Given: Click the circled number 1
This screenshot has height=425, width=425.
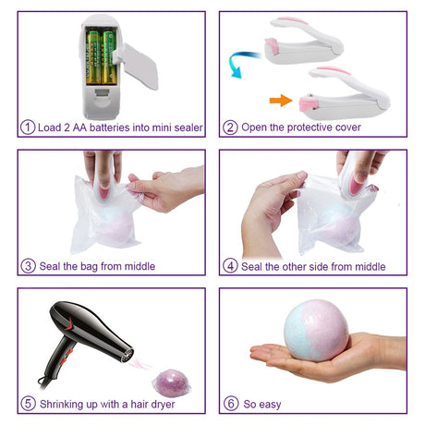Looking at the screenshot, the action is [28, 127].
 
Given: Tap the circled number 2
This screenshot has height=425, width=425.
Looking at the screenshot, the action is [230, 127].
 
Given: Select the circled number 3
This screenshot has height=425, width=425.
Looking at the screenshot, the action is [28, 266].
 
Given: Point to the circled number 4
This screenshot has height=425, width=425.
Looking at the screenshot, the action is [230, 266].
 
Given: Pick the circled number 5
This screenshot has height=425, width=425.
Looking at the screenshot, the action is [28, 404].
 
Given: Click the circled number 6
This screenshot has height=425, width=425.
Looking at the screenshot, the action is [231, 404].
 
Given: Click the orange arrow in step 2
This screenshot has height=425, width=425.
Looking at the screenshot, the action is [281, 101].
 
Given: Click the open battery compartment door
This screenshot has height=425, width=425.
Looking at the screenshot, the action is [138, 66].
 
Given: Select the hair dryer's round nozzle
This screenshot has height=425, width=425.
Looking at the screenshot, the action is [127, 355].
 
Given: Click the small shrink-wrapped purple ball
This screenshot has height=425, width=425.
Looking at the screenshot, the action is [172, 383].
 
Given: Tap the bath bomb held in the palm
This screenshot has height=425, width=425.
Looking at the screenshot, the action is [316, 331].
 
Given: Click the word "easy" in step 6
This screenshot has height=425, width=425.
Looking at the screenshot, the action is [270, 405].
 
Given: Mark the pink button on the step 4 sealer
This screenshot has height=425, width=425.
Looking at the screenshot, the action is [356, 185].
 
